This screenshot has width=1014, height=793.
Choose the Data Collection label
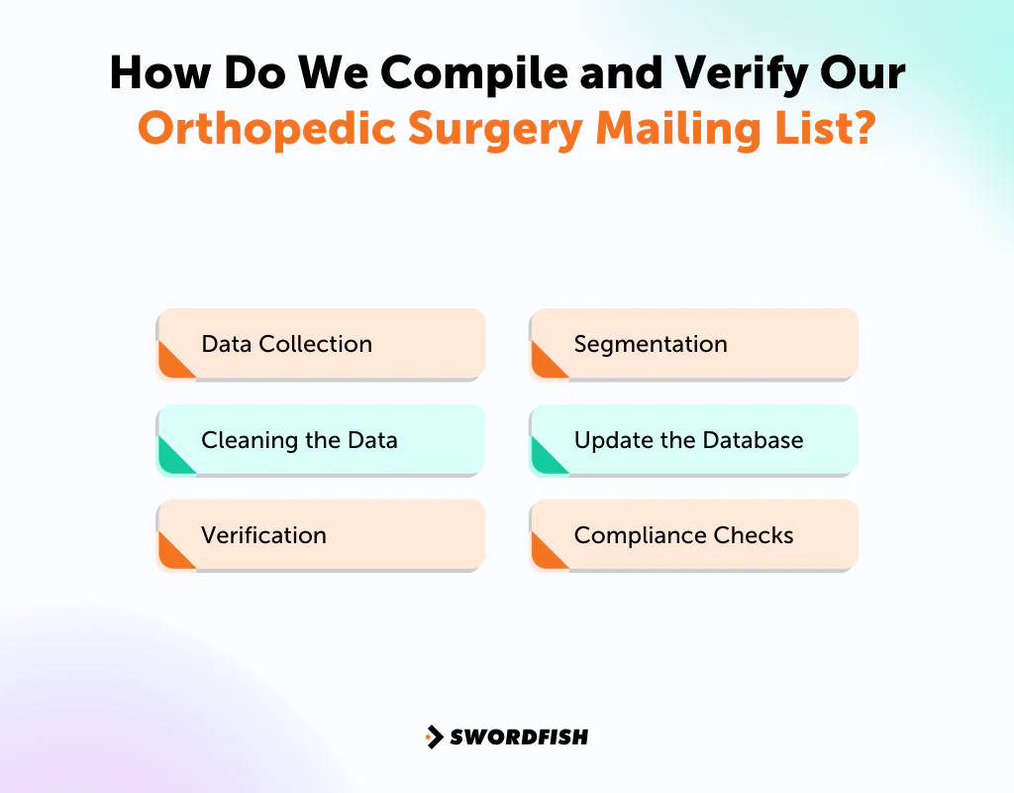pyautogui.click(x=286, y=344)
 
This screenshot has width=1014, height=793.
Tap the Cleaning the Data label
pyautogui.click(x=299, y=440)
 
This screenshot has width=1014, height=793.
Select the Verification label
pyautogui.click(x=263, y=535)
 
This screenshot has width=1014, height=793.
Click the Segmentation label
pyautogui.click(x=651, y=344)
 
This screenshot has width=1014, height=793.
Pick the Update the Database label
pyautogui.click(x=688, y=440)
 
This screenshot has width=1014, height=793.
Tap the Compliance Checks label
pyautogui.click(x=683, y=535)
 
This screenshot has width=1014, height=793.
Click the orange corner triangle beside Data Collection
pyautogui.click(x=171, y=364)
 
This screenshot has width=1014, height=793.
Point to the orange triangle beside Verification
pyautogui.click(x=171, y=555)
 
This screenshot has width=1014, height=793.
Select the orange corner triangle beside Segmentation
pyautogui.click(x=544, y=364)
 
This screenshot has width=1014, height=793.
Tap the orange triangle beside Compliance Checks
pyautogui.click(x=544, y=555)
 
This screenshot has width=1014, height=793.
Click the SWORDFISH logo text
pyautogui.click(x=519, y=736)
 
